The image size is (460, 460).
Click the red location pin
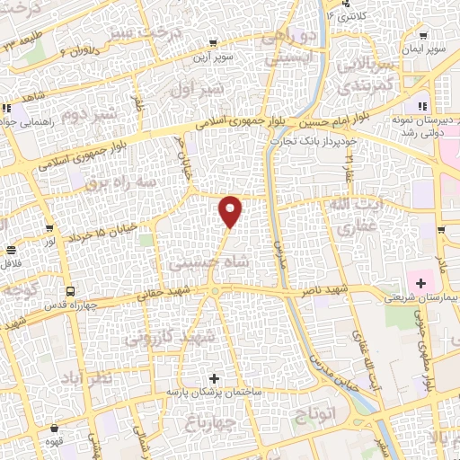pos(231,211)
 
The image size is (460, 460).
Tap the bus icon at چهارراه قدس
pos(70,291)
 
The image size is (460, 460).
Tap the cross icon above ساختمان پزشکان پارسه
pos(214,378)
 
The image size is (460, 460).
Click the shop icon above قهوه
pos(55,429)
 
